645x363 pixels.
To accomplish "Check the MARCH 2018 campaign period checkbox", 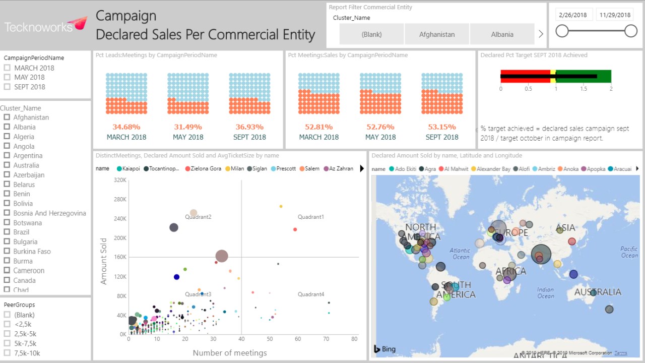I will tap(7, 68).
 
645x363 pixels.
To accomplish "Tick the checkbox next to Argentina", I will tap(7, 156).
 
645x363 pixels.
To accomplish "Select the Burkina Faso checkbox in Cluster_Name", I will tap(7, 251).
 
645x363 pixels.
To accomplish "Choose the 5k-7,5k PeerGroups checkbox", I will tap(7, 343).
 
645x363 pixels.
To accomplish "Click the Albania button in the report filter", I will tap(502, 34).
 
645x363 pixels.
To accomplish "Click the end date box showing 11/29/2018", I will tap(615, 15).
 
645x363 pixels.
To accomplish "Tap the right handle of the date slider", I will tap(631, 31).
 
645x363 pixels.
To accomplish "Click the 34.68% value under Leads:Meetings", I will tap(126, 127).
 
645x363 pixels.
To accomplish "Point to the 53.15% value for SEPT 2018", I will tap(442, 127).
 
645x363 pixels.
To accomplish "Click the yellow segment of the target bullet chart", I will tap(553, 77).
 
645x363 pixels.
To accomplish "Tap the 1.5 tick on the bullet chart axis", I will tap(583, 89).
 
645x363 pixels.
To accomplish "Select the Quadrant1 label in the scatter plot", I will tap(310, 217).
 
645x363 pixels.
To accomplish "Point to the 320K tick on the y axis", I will tap(120, 180).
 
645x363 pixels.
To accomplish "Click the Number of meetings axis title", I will tap(230, 353).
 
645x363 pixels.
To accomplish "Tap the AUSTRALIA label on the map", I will tap(598, 292).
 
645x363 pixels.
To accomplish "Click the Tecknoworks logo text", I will tap(39, 27).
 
